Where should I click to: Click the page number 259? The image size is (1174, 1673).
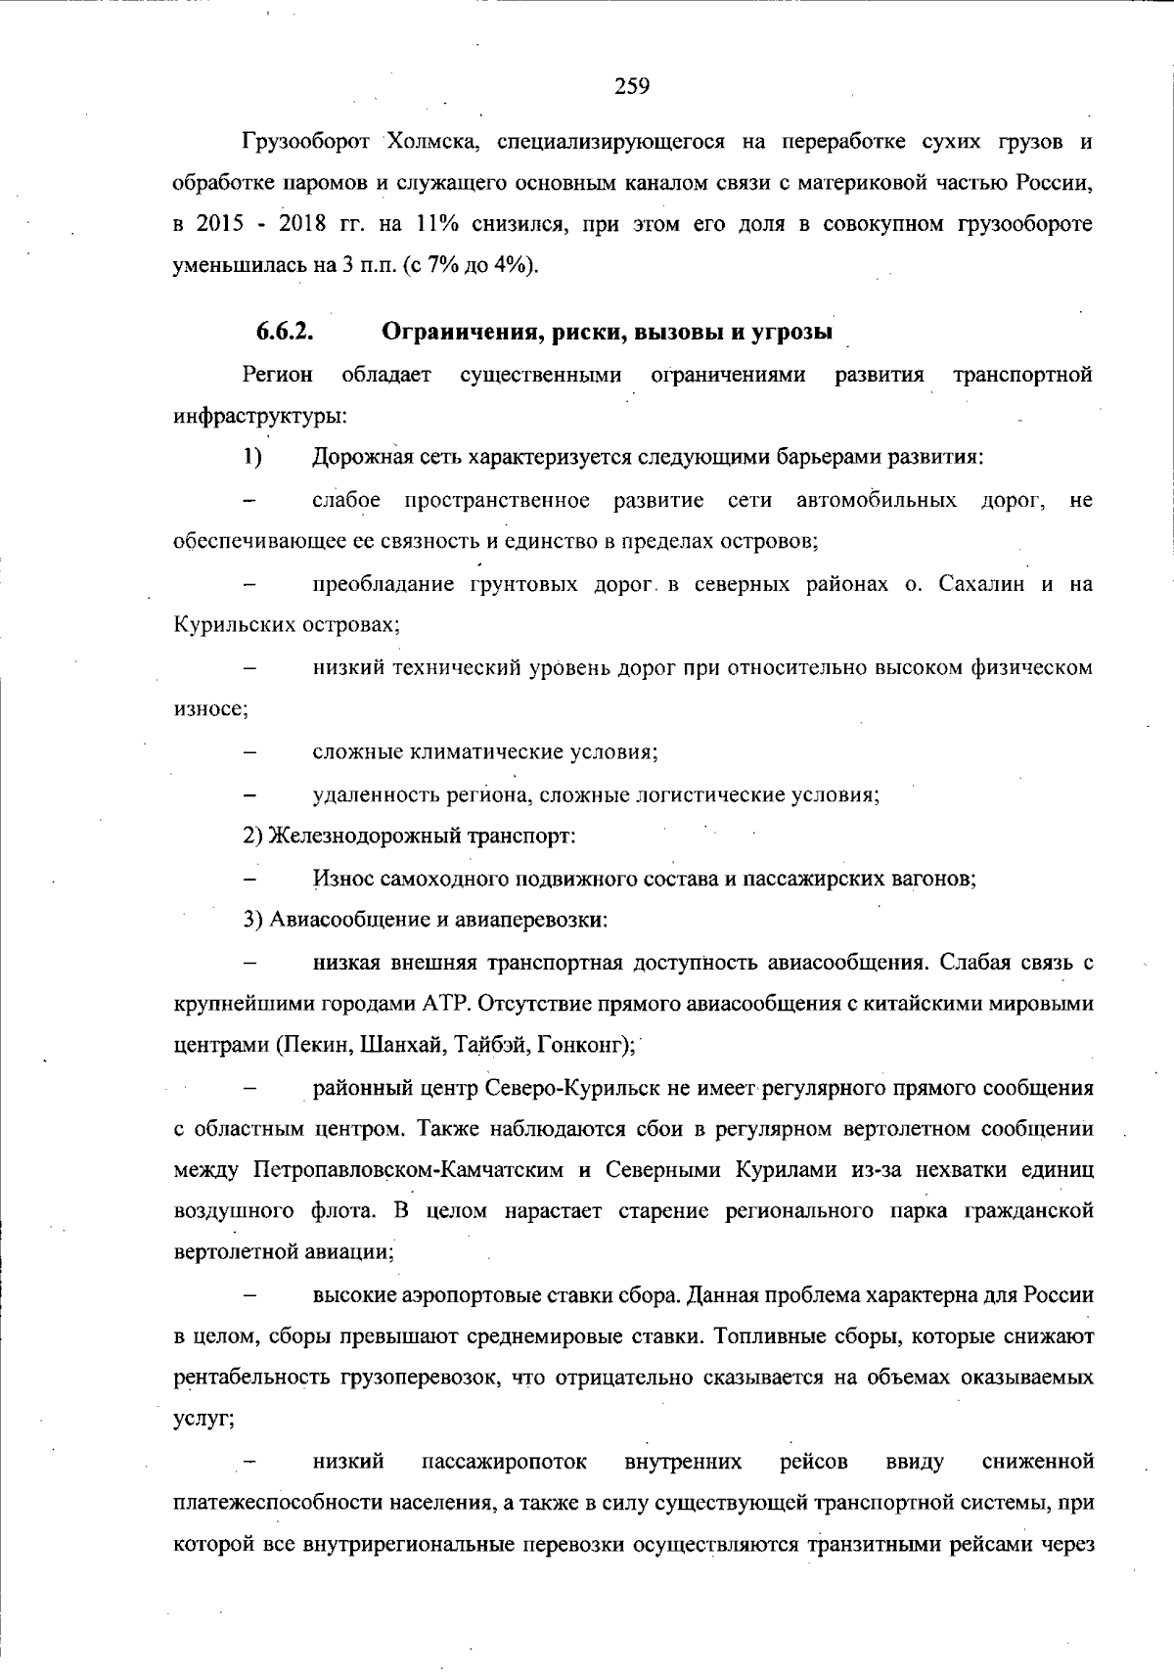click(x=632, y=87)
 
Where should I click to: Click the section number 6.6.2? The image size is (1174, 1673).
click(x=285, y=332)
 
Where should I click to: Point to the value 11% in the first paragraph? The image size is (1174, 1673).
click(x=438, y=224)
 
